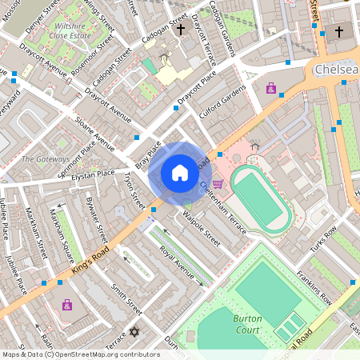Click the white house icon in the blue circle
pos(180,173)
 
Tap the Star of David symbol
pos(134,332)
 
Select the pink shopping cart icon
pos(218,183)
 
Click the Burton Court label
pos(247,323)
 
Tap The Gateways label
pos(46,158)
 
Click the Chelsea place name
pos(336,70)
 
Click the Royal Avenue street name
pos(177,262)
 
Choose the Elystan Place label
pos(94,175)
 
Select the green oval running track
pos(261,199)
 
